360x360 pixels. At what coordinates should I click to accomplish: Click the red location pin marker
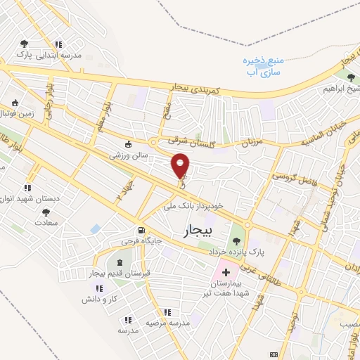click(181, 166)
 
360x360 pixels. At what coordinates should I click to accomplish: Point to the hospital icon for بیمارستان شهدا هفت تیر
click(226, 271)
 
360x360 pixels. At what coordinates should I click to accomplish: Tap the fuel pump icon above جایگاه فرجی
click(143, 230)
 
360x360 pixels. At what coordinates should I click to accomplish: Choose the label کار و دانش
click(99, 300)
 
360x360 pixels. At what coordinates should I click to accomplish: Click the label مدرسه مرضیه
click(168, 323)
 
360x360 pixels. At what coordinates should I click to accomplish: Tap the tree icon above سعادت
click(46, 212)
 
